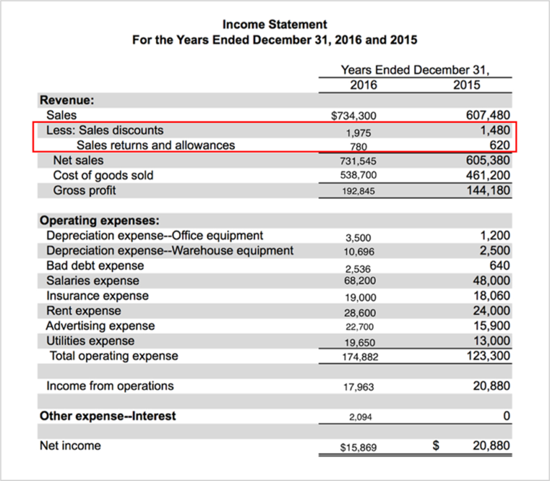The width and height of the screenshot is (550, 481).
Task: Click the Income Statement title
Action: pos(275,24)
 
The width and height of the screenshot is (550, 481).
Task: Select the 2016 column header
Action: pos(364,85)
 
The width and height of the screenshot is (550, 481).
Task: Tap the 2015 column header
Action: pos(468,85)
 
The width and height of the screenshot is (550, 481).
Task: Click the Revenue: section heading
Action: pos(67,100)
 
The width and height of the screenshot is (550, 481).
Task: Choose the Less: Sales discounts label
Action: pos(105,130)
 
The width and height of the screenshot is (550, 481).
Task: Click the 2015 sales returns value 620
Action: pos(499,145)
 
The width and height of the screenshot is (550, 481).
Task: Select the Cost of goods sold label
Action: pos(103,175)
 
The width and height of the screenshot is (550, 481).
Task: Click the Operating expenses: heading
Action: pos(100,220)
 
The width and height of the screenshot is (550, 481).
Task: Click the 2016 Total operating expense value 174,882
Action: pos(360,356)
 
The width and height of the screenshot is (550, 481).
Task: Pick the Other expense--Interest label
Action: pos(107,416)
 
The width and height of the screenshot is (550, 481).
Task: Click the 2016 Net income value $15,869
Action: pos(359,447)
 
